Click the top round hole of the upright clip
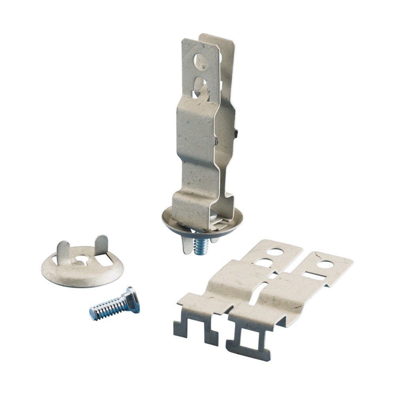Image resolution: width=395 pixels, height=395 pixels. click(x=201, y=61)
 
